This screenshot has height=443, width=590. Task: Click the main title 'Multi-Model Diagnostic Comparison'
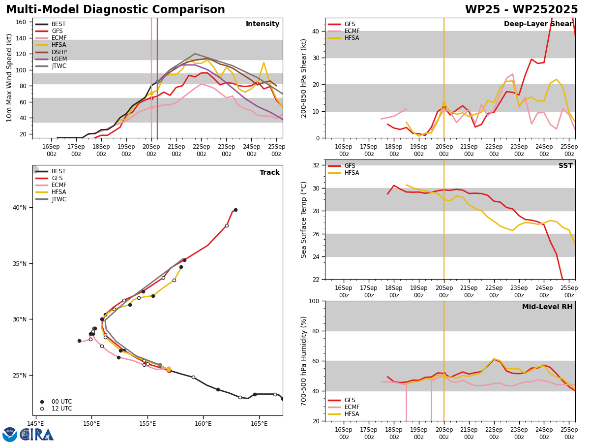tap(116, 9)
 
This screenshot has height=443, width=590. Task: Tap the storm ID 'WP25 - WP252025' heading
tap(521, 9)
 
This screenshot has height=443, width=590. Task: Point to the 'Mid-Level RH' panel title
tap(547, 307)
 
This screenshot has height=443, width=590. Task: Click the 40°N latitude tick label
tap(20, 208)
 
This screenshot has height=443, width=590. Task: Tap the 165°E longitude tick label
tap(259, 424)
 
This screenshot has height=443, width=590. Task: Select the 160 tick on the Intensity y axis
tap(21, 22)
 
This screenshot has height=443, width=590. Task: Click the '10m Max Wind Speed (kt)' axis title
tap(9, 78)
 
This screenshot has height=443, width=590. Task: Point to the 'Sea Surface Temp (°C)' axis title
tap(303, 220)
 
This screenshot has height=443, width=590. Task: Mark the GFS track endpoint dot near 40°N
tap(236, 210)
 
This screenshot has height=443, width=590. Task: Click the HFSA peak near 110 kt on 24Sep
tap(264, 63)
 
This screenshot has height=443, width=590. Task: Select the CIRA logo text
tap(36, 435)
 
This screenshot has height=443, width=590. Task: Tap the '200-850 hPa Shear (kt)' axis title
tap(303, 79)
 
